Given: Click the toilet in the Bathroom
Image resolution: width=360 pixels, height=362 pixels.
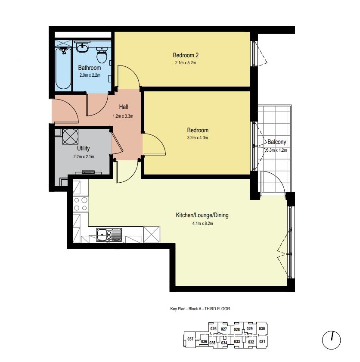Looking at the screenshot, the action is (102, 55).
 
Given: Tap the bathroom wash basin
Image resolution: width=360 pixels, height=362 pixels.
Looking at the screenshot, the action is (82, 47).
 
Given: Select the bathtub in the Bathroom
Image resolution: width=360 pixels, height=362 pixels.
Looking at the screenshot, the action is (63, 68).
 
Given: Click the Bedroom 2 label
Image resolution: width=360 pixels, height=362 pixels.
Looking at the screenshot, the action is (186, 55).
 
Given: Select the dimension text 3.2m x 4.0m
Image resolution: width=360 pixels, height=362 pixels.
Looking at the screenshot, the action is (197, 138).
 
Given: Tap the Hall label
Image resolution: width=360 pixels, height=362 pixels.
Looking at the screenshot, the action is (124, 107).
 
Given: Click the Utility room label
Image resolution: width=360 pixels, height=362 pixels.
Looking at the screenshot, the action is (83, 148).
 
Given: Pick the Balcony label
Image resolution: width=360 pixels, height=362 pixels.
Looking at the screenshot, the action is (276, 142).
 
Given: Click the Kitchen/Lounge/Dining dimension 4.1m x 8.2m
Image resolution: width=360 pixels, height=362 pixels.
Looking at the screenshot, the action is (202, 224).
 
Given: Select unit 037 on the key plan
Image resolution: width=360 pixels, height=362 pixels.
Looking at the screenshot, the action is (190, 339).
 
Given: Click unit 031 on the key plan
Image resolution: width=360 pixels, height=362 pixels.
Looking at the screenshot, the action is (262, 341).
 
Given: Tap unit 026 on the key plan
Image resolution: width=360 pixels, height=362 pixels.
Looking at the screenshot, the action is (214, 328).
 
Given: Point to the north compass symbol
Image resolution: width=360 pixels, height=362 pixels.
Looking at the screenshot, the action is (331, 340).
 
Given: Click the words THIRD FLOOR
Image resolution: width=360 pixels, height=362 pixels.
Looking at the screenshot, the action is (217, 309).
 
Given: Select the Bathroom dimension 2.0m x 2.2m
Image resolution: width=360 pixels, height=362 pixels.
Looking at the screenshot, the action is (90, 75).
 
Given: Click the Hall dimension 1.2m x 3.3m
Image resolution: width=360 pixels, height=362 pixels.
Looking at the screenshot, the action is (123, 116).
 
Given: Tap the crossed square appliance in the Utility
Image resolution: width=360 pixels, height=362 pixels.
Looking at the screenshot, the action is (70, 137).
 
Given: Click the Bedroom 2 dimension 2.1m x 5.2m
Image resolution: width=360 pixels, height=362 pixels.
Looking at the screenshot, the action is (186, 62).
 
